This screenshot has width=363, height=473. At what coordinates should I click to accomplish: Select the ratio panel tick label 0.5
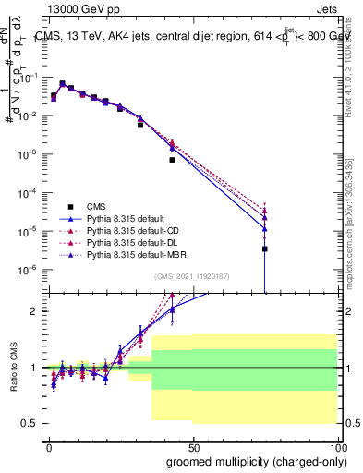pos(30,423)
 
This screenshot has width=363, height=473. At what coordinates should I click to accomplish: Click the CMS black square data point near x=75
pos(265,249)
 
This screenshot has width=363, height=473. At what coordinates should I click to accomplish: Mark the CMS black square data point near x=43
pos(172,160)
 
